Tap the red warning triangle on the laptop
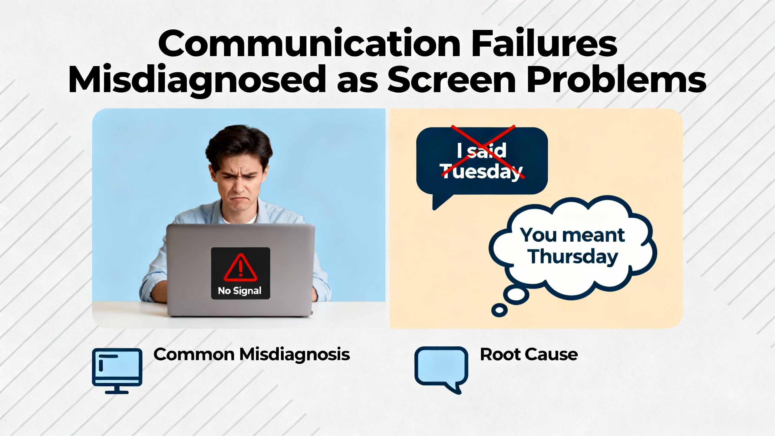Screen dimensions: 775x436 click(240, 267)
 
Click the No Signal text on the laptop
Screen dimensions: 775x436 click(239, 291)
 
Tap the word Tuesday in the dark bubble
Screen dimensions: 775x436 click(481, 171)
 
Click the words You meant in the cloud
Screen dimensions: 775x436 click(572, 235)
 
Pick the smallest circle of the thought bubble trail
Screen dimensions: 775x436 click(499, 310)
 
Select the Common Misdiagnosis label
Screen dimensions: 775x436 click(252, 355)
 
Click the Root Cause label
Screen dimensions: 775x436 click(529, 354)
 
